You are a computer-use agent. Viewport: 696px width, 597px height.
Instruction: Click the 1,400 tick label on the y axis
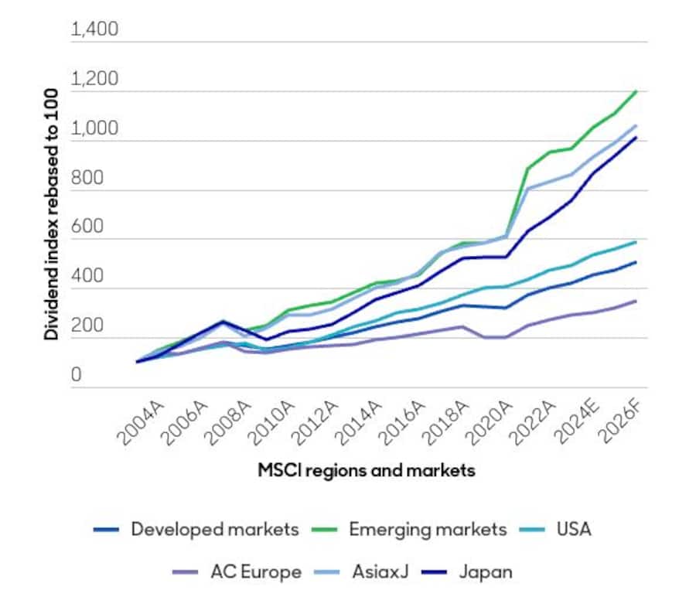click(x=94, y=31)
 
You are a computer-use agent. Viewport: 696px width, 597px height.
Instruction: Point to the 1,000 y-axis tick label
click(x=94, y=129)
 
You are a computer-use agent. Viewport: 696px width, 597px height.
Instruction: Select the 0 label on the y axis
click(x=77, y=376)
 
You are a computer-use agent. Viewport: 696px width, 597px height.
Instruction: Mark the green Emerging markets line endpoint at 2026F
click(x=636, y=91)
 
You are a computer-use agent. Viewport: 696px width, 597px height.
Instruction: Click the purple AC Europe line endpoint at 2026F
click(x=636, y=301)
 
